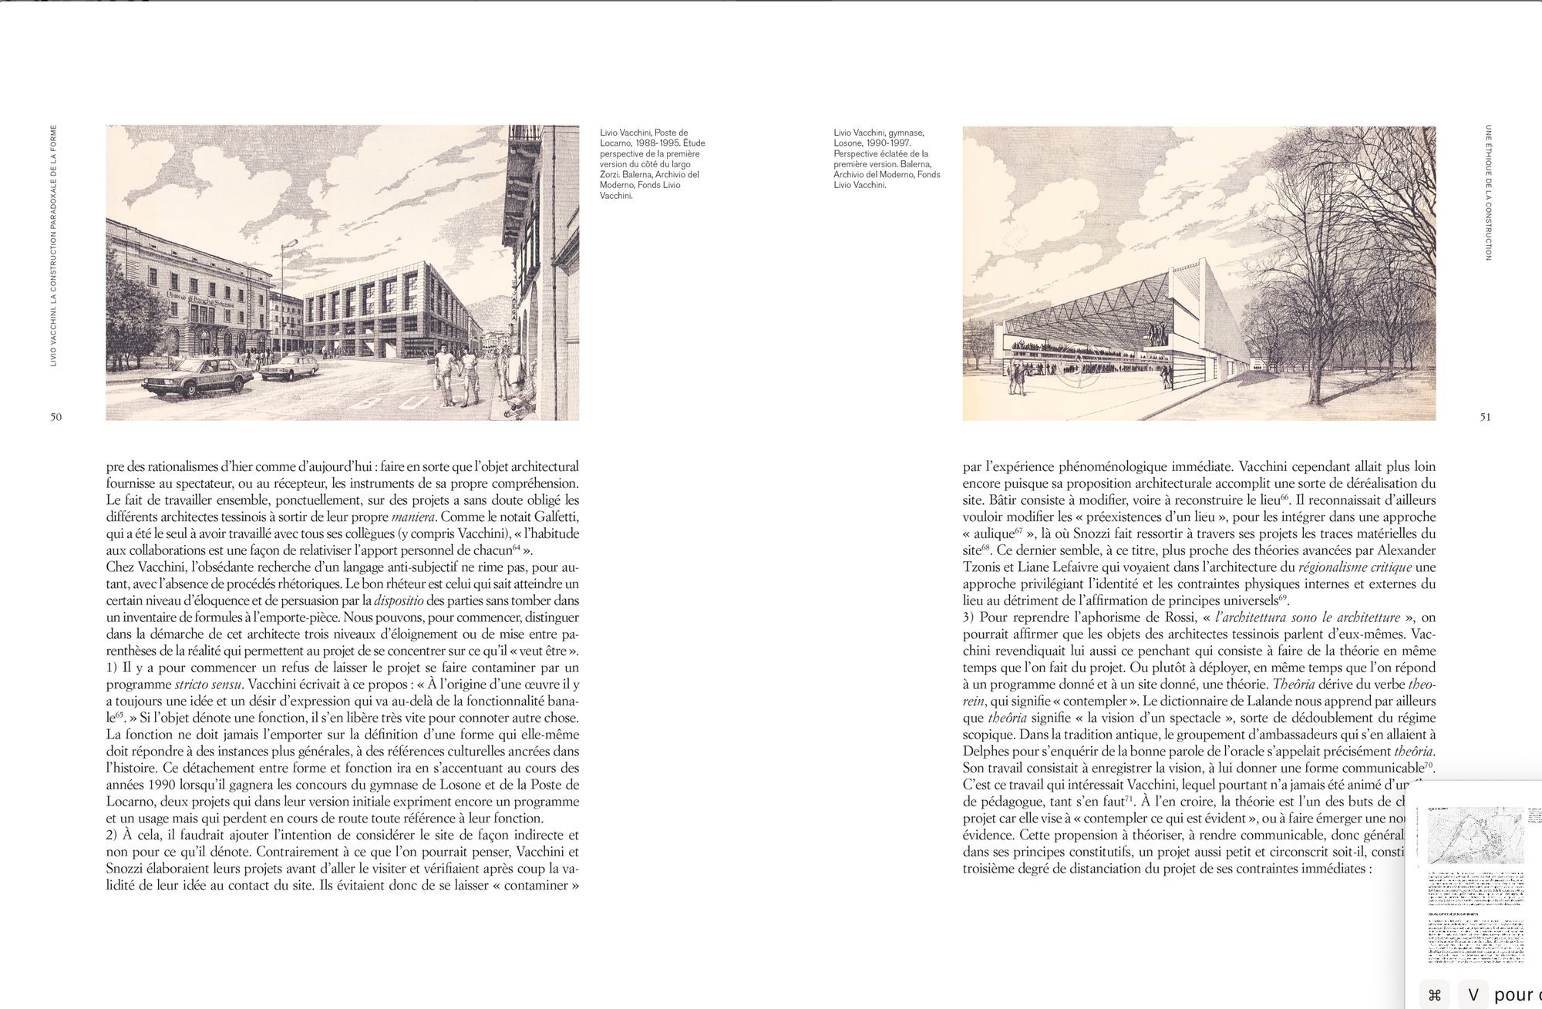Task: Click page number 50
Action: tap(56, 417)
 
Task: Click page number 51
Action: tap(1485, 417)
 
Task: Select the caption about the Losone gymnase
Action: tap(887, 159)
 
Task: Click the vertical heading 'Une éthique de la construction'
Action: tap(1487, 192)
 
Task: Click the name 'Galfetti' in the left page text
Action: tap(552, 516)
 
